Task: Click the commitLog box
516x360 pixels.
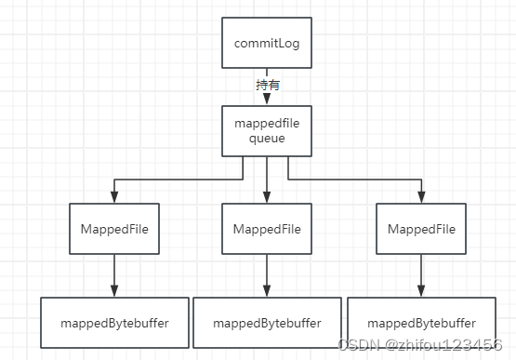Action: click(267, 42)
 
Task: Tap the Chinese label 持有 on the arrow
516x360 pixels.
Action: click(267, 85)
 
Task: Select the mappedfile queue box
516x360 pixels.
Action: click(267, 131)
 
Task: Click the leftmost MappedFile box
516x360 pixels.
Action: click(113, 229)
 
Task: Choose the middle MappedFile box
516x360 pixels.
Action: click(267, 229)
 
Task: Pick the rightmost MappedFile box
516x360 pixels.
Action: click(421, 229)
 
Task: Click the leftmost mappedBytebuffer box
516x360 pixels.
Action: click(113, 323)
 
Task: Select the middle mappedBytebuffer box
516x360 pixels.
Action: click(267, 323)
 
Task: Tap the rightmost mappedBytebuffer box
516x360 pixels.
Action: click(421, 323)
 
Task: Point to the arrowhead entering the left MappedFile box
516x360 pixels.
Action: click(113, 196)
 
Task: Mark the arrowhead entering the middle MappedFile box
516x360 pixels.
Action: click(267, 196)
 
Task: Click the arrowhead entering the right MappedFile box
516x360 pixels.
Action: click(421, 196)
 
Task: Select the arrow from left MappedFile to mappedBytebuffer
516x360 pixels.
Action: click(113, 275)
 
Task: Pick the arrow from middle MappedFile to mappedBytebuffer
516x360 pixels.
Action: click(267, 275)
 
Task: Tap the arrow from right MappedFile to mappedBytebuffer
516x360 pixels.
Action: click(421, 275)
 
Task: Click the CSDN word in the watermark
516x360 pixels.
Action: click(357, 346)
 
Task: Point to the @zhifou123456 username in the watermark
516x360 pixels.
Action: click(446, 346)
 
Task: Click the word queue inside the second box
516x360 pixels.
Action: click(267, 139)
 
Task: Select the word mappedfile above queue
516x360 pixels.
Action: click(267, 124)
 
